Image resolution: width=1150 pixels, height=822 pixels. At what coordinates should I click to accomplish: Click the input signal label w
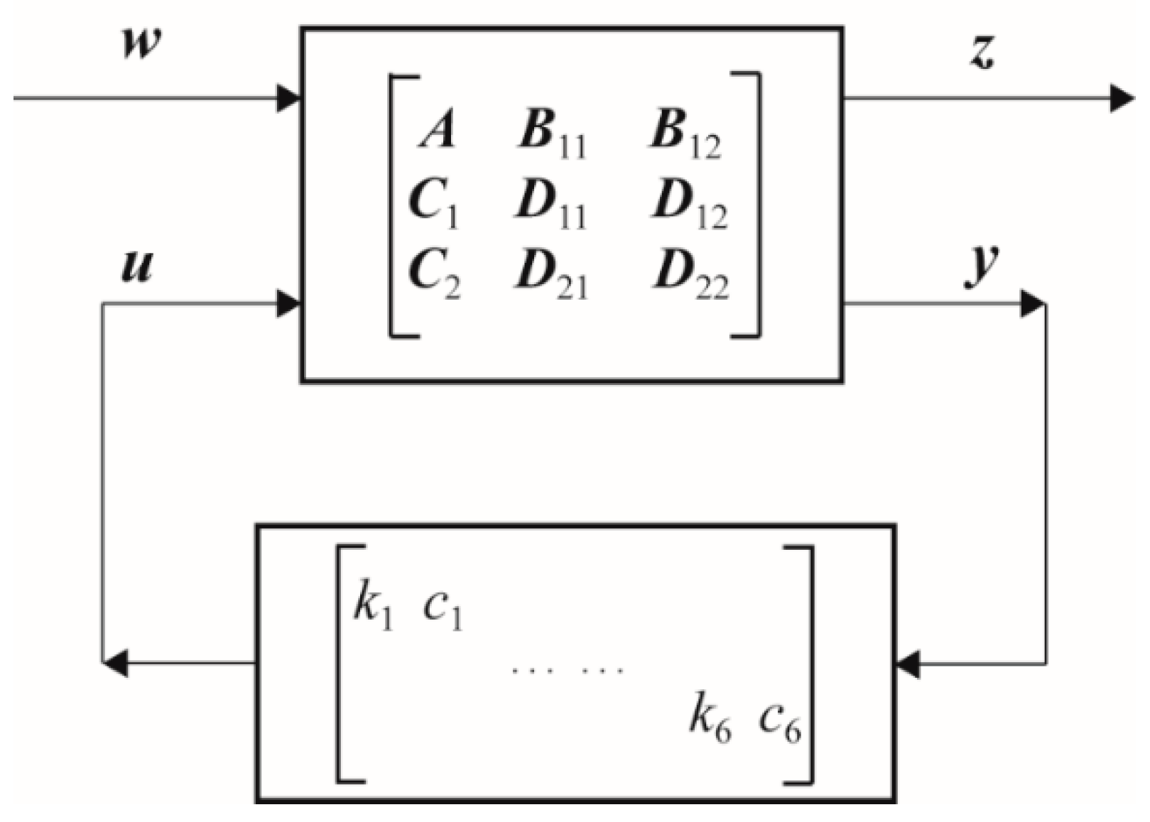coord(141,45)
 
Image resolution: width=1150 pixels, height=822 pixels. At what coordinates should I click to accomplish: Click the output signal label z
coord(982,52)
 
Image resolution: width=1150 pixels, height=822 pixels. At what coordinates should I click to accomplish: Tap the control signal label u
coord(136,267)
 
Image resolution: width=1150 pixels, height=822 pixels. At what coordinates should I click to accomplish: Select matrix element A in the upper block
coord(436,131)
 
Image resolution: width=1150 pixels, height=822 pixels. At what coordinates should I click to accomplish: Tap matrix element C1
coord(433,203)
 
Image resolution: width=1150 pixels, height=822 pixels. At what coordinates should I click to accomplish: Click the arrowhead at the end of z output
coord(1122,98)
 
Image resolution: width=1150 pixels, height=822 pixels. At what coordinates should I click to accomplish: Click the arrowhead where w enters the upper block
coord(288,98)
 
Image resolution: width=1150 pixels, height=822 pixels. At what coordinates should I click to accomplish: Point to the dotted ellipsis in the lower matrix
coord(568,669)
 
